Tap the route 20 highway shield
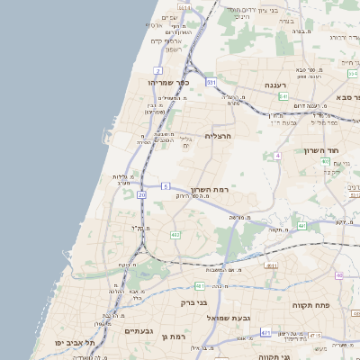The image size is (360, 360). point(142,194)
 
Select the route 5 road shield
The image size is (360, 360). point(166,185)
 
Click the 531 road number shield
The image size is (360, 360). point(211,82)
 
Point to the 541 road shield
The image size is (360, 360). point(283,95)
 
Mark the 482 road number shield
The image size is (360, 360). point(175,235)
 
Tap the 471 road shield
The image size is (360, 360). point(265,333)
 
